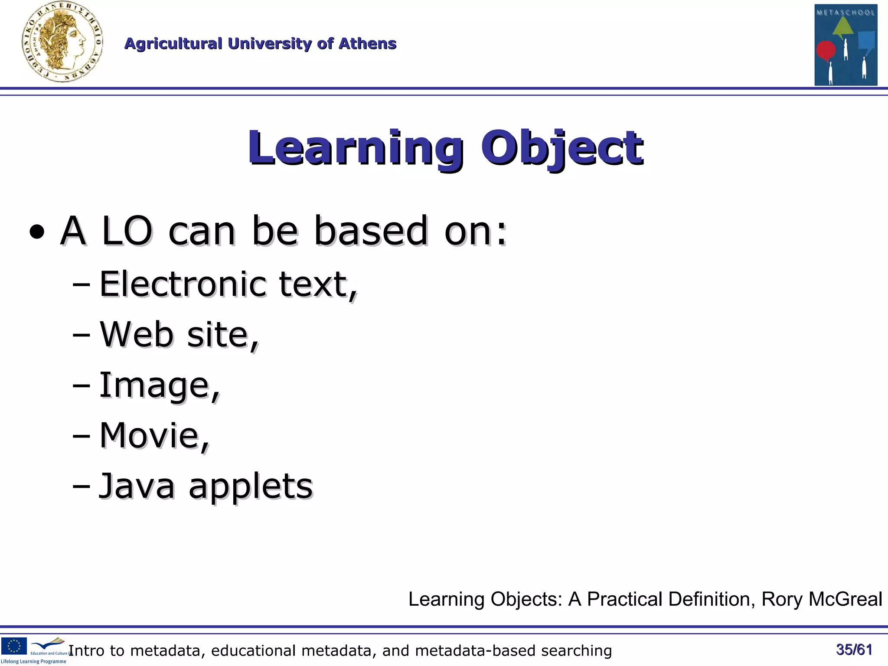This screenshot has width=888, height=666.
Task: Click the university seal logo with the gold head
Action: pyautogui.click(x=62, y=42)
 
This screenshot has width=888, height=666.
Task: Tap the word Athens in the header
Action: pyautogui.click(x=367, y=44)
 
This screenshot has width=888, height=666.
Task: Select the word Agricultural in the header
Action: pyautogui.click(x=173, y=44)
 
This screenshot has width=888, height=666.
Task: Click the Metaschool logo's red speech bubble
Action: pyautogui.click(x=826, y=50)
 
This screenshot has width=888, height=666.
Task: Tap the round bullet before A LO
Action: pyautogui.click(x=37, y=232)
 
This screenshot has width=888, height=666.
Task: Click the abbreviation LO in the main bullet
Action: pyautogui.click(x=127, y=231)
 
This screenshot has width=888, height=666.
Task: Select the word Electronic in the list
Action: pyautogui.click(x=183, y=284)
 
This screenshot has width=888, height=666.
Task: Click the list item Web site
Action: pyautogui.click(x=179, y=335)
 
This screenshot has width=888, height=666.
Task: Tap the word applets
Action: pyautogui.click(x=251, y=487)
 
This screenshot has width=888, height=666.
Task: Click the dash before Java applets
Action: pyautogui.click(x=81, y=486)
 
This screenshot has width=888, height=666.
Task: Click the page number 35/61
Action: pyautogui.click(x=854, y=650)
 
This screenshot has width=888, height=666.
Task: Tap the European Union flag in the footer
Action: pyautogui.click(x=14, y=646)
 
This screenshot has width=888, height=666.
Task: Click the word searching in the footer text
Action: pyautogui.click(x=576, y=651)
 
